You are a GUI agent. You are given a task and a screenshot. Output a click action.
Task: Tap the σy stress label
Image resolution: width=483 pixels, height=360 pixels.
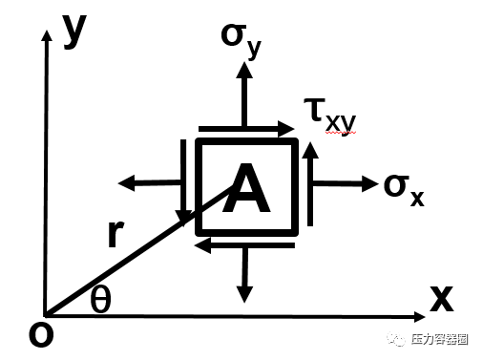click(x=240, y=37)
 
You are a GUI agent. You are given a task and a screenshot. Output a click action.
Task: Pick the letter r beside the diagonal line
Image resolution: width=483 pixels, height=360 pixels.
click(x=115, y=234)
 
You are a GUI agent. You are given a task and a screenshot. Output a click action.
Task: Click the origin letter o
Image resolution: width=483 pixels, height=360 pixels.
click(x=40, y=334)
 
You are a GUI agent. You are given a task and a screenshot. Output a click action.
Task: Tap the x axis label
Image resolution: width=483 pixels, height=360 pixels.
click(x=440, y=298)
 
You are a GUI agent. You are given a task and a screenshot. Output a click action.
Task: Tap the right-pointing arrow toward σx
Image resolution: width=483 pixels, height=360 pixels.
click(x=344, y=182)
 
